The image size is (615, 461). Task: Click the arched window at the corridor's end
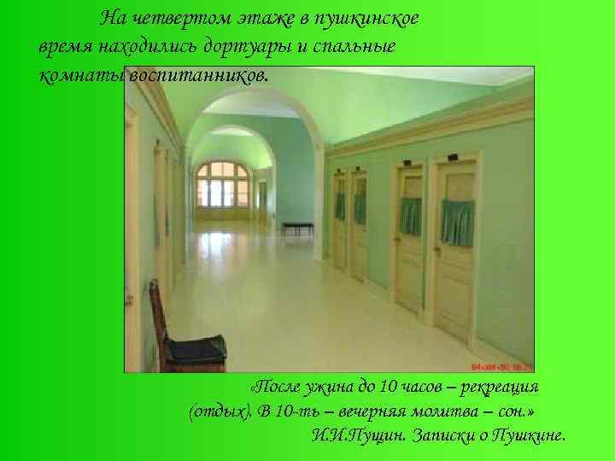click(222, 183)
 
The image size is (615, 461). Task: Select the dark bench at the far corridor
click(297, 226)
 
